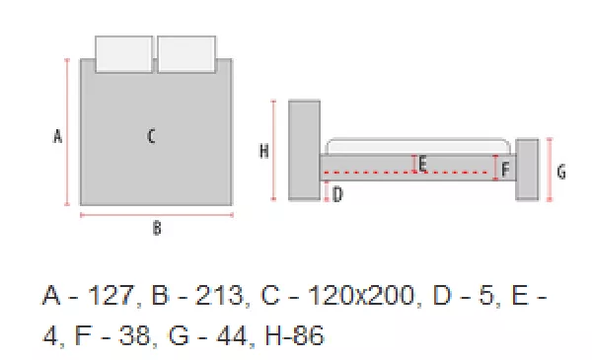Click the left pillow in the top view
point(124,54)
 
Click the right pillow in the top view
point(186,54)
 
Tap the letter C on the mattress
point(151,136)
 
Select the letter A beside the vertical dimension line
point(57,136)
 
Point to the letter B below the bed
point(157,228)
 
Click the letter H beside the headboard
point(264,151)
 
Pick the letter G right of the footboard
point(561,172)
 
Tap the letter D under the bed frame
point(337,194)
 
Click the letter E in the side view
point(423,164)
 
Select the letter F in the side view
point(505,169)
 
